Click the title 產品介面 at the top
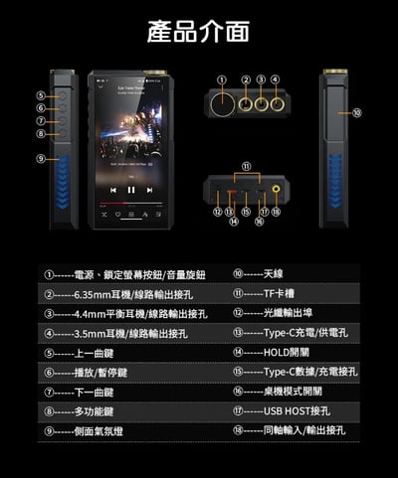[198, 32]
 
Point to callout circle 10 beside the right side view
[356, 113]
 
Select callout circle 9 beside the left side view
[41, 158]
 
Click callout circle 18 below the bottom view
[276, 212]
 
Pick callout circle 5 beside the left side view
[41, 95]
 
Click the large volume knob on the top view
[221, 103]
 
